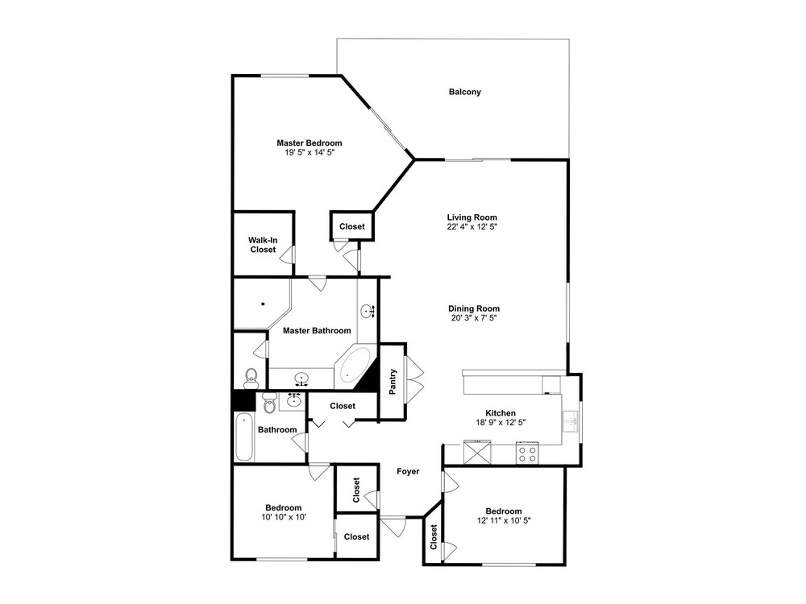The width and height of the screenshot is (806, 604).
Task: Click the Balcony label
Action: tap(465, 92)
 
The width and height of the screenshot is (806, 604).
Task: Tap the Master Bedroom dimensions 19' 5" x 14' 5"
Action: tap(310, 152)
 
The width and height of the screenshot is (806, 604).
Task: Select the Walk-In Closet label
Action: tap(264, 245)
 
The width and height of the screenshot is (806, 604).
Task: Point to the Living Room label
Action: tap(472, 217)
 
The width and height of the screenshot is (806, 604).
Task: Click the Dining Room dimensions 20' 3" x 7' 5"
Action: tap(473, 318)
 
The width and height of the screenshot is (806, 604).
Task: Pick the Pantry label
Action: tap(393, 382)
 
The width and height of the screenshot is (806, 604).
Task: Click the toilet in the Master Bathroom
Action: tap(251, 378)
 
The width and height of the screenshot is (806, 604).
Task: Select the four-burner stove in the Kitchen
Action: tap(527, 453)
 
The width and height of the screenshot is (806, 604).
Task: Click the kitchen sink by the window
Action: tap(570, 422)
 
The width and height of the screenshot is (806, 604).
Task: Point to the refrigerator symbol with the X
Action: tap(477, 452)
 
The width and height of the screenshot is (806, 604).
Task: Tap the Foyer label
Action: tap(408, 471)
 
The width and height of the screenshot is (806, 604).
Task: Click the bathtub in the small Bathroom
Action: tap(244, 437)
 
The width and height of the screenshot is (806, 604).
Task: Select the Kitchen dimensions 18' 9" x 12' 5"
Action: tap(501, 422)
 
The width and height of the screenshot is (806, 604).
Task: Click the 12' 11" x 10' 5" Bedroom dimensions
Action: tap(504, 520)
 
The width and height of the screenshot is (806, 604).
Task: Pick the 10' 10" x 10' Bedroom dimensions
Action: tap(284, 517)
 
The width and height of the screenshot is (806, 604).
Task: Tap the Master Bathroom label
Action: tap(317, 331)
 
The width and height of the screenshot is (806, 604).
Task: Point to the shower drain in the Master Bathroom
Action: tap(264, 304)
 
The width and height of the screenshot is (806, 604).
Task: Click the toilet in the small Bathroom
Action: tap(269, 403)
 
